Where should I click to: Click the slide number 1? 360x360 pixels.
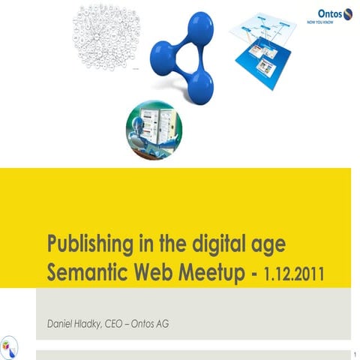point(352,352)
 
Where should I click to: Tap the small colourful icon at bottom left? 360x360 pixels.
point(8,346)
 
